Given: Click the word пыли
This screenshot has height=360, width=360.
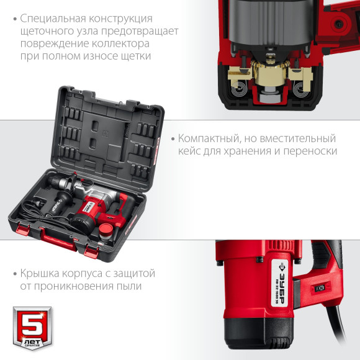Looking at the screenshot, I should click(128, 286).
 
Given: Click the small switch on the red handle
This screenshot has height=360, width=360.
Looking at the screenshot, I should click(321, 287).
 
